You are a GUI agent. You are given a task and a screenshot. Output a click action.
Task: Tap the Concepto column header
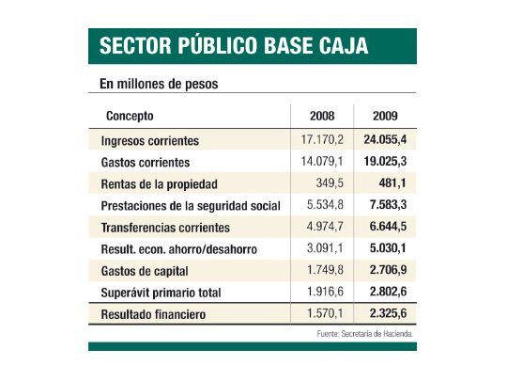(x=131, y=117)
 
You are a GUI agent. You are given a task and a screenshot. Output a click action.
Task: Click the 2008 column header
(x=322, y=117)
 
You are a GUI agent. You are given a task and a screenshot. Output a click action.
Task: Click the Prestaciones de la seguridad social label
(x=191, y=205)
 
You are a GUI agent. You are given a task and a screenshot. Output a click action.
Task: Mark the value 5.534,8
(x=323, y=205)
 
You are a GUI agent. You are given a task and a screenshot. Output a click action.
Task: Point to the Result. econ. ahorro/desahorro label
(x=178, y=248)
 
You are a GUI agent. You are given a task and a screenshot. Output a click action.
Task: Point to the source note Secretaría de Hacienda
(x=363, y=334)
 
